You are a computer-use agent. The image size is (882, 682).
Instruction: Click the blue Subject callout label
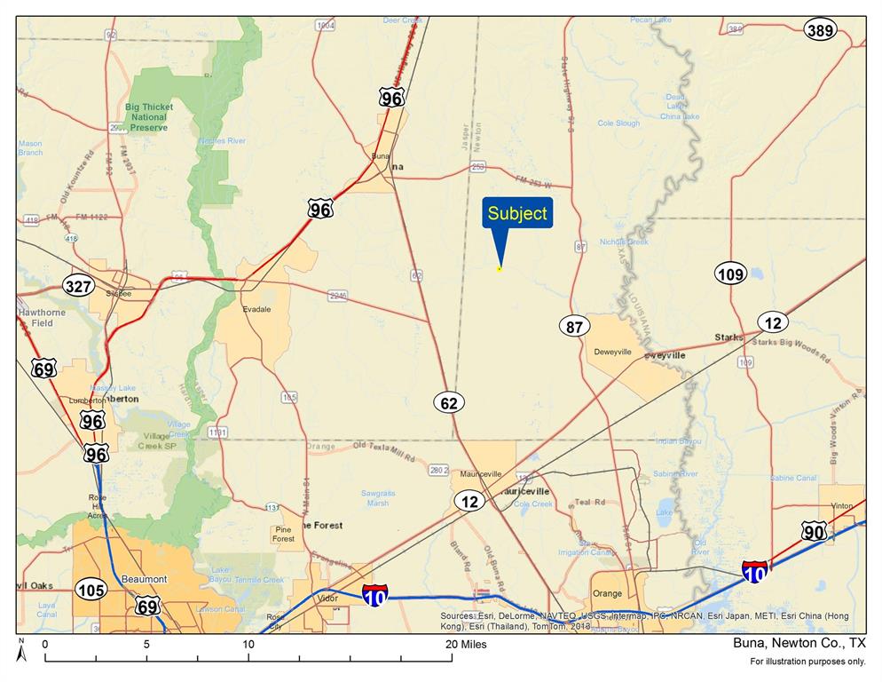coord(517,214)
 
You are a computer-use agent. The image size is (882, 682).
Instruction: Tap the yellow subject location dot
coord(500,268)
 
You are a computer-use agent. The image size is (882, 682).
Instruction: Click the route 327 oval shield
coord(78,286)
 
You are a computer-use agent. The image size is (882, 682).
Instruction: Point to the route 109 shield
coord(730,274)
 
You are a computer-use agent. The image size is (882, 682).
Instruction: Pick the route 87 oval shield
coord(575,327)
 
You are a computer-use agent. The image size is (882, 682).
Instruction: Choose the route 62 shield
coord(449,403)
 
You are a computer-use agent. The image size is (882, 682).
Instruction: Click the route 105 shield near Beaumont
coord(91,590)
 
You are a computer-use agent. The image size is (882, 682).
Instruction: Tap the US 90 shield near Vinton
coord(813,532)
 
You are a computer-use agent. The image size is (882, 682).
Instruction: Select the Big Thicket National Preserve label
coord(149,117)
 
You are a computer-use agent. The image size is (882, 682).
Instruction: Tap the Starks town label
coord(728,337)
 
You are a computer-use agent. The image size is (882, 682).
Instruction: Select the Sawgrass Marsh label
coord(377,497)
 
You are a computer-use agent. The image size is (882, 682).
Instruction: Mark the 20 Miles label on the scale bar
coord(469,645)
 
